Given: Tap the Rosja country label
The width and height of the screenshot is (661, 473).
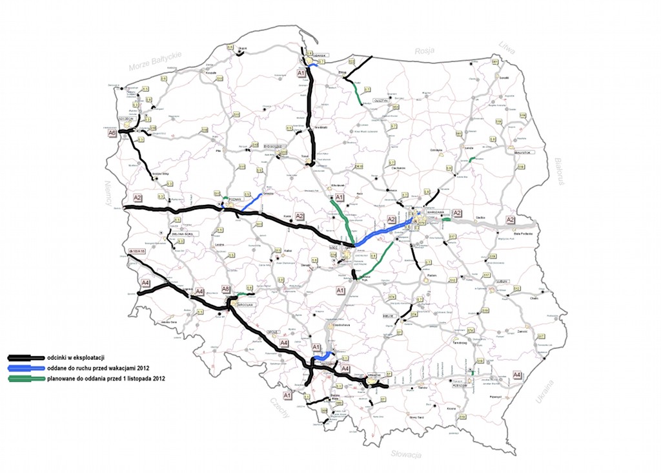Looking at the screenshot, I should click(425, 50).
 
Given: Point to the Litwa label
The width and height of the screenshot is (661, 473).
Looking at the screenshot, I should click(507, 47).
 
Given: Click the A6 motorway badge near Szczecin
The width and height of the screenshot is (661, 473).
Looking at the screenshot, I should click(112, 132).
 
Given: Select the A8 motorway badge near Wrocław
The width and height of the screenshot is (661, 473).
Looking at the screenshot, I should click(226, 289).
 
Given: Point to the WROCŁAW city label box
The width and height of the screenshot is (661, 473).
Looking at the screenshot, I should click(248, 303).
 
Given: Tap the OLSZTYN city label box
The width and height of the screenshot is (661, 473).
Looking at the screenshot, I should click(380, 101).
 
